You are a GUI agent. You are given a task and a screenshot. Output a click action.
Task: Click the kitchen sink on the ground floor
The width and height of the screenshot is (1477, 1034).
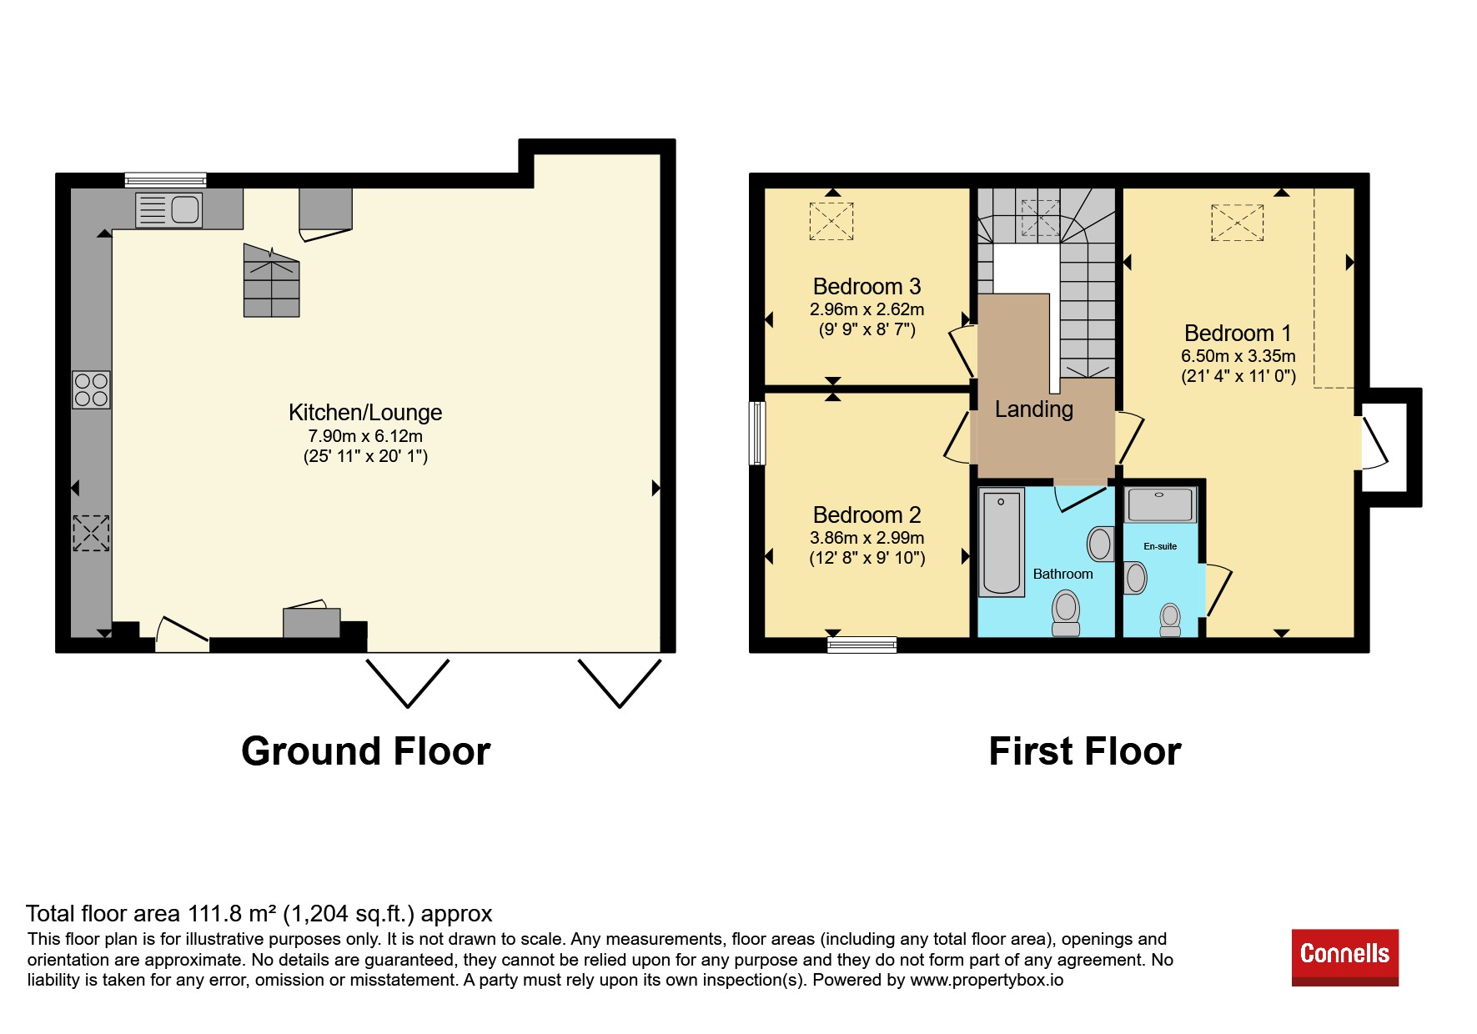point(168,209)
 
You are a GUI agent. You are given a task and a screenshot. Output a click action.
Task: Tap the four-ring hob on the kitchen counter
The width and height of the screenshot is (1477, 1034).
point(91,389)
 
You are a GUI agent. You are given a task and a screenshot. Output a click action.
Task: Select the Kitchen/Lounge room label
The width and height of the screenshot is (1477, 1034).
point(365,413)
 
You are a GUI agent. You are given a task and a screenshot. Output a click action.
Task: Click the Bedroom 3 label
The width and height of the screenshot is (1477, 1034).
point(867,287)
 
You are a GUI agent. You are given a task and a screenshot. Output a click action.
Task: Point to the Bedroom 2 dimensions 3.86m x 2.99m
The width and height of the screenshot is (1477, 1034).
point(867,538)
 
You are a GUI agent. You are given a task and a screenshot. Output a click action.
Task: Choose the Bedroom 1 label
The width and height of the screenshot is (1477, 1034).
point(1238,334)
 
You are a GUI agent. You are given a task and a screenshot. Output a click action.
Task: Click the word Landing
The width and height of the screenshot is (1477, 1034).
point(1034,409)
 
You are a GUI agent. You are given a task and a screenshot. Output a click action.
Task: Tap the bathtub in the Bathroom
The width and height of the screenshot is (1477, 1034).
point(1001,543)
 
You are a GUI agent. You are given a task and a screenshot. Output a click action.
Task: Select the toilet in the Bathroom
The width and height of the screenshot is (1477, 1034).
point(1066,613)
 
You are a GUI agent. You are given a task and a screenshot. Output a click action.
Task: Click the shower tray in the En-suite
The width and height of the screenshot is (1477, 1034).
point(1160,504)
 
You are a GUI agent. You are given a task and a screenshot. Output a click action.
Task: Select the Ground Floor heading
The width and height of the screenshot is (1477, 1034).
point(366,751)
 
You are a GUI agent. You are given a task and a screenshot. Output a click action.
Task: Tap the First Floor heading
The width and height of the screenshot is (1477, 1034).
point(1085,751)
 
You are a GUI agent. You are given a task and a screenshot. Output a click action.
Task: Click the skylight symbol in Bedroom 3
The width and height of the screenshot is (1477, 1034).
point(831,221)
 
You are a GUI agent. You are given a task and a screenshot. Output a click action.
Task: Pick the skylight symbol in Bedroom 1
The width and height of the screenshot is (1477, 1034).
point(1238,222)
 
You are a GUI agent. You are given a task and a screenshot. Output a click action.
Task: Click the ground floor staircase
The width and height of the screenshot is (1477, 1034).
point(271,280)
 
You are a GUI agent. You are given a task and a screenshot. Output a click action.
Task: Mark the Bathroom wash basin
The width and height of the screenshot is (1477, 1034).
point(1100,545)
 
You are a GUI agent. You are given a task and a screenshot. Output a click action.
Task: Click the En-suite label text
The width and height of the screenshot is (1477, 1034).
point(1160,547)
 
